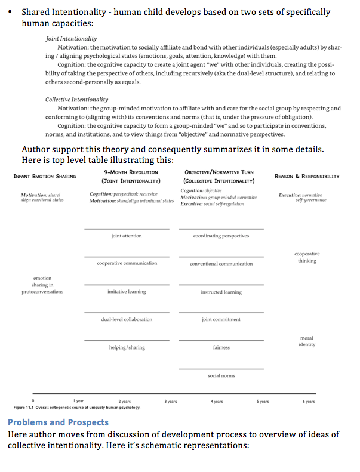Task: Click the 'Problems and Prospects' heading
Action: click(x=58, y=422)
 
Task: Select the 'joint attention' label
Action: click(x=127, y=236)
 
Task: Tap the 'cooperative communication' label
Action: click(x=127, y=263)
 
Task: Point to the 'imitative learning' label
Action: click(x=127, y=292)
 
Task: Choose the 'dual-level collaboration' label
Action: click(x=127, y=319)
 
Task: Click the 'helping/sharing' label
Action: click(x=127, y=347)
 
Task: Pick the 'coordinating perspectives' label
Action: click(x=221, y=236)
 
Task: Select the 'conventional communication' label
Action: click(x=221, y=264)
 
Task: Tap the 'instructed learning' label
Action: click(x=221, y=292)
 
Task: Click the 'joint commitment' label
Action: click(x=221, y=319)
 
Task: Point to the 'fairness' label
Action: click(x=221, y=347)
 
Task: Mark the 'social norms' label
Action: click(x=221, y=375)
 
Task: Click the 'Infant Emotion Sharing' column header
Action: click(x=45, y=177)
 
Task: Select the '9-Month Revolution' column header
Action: click(x=131, y=172)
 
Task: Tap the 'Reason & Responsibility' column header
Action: click(x=307, y=177)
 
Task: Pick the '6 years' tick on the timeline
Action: click(x=308, y=402)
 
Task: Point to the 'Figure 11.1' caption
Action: click(x=76, y=408)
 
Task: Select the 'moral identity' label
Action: click(x=307, y=341)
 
